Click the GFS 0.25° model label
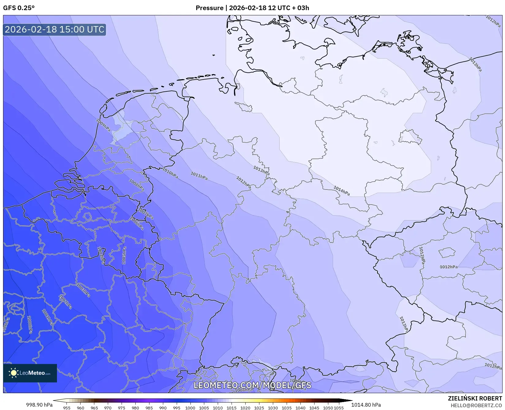pos(19,8)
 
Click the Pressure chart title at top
pos(252,8)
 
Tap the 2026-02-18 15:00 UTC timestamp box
pos(55,29)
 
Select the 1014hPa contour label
pos(341,191)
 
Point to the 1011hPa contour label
pos(199,176)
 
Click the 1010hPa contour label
pos(170,173)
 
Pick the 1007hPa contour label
pos(145,214)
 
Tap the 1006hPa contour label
pos(137,224)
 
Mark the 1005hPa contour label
pos(124,255)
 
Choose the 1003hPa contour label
pos(83,290)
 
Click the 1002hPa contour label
pos(65,302)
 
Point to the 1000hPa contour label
pos(30,325)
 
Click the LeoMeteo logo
pos(30,373)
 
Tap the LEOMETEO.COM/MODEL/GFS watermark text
pos(253,385)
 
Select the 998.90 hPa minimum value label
pos(39,405)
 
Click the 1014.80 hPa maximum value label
pos(366,405)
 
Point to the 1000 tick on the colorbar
pos(190,408)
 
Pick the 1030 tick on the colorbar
pos(273,408)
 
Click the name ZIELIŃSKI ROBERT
pos(475,399)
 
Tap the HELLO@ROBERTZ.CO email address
pos(476,405)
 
